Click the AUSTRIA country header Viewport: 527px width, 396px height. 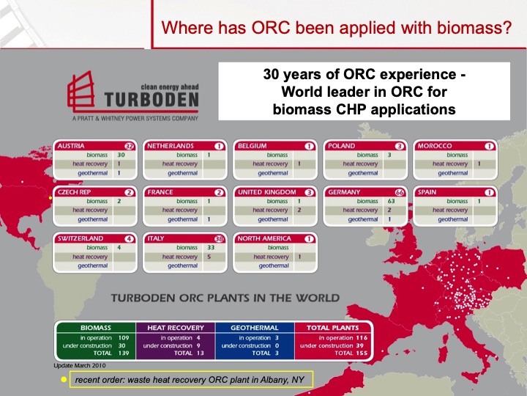pyautogui.click(x=72, y=146)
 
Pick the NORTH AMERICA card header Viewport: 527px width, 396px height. pyautogui.click(x=263, y=238)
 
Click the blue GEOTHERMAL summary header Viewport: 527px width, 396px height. pyautogui.click(x=255, y=327)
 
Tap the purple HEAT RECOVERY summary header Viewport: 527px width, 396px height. pyautogui.click(x=175, y=327)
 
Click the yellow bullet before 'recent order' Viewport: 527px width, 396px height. pyautogui.click(x=64, y=378)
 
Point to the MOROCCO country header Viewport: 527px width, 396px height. pyautogui.click(x=433, y=146)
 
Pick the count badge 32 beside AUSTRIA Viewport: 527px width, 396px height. pyautogui.click(x=129, y=146)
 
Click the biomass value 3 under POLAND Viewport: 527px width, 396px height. pyautogui.click(x=389, y=155)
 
